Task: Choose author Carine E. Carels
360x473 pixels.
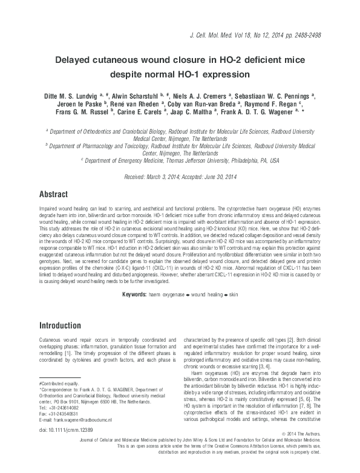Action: coord(168,112)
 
